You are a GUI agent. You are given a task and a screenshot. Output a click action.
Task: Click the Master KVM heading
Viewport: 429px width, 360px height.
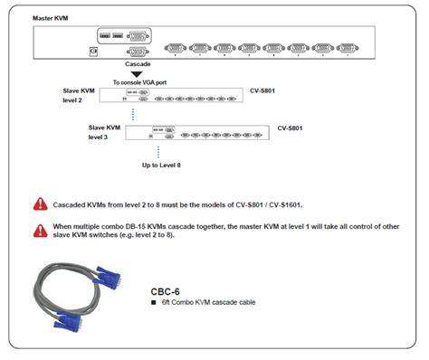tap(52, 17)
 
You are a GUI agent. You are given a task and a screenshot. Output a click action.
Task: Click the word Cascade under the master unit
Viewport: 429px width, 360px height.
tap(138, 64)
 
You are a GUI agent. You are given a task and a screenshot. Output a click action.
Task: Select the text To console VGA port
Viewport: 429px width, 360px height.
tap(139, 82)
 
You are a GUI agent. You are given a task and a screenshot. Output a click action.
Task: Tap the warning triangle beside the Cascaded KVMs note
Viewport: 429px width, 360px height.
tap(40, 205)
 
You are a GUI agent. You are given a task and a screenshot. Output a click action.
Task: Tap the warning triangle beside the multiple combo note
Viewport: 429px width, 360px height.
tap(40, 231)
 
